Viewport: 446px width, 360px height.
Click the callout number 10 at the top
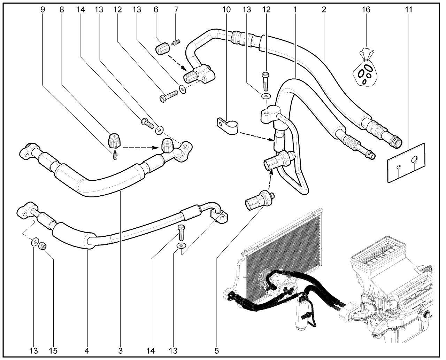[x=226, y=9]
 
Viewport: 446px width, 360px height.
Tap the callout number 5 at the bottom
[x=216, y=351]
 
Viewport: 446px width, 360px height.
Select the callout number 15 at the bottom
[x=53, y=351]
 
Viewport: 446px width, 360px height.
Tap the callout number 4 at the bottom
[x=87, y=351]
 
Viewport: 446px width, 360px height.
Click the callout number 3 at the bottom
[x=120, y=351]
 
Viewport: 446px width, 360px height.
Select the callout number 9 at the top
[x=43, y=9]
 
